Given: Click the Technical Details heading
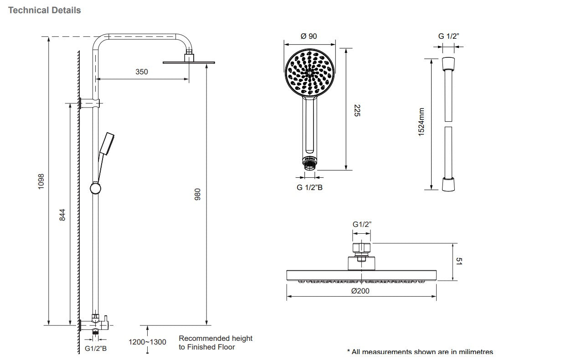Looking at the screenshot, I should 45,10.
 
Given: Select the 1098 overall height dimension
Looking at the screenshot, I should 41,181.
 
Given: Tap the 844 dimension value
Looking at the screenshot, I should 62,215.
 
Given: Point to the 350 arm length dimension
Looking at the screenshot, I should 141,72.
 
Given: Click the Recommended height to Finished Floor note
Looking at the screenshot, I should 215,343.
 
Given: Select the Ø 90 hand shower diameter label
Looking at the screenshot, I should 309,36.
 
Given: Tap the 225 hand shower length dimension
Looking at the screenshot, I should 357,110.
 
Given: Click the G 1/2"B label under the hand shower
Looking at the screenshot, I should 309,187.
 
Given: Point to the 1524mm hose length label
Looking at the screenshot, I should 421,121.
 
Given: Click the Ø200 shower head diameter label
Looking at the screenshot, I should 360,291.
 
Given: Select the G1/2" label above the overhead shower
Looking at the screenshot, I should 362,224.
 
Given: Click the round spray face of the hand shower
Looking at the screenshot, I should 309,73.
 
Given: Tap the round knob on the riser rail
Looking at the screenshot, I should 95,188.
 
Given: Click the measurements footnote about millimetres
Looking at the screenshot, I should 420,352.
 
